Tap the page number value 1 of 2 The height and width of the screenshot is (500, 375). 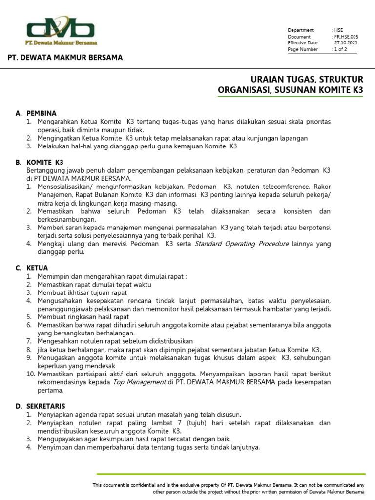pyautogui.click(x=341, y=49)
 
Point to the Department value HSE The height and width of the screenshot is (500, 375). pyautogui.click(x=339, y=30)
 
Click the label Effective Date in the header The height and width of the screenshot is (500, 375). pyautogui.click(x=303, y=43)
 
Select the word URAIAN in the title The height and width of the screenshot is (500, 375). pyautogui.click(x=267, y=80)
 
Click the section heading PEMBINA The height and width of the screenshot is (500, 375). pyautogui.click(x=42, y=113)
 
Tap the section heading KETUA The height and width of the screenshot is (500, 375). pyautogui.click(x=38, y=268)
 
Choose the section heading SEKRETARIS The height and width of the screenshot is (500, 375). pyautogui.click(x=46, y=406)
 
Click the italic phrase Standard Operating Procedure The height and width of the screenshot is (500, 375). pyautogui.click(x=242, y=244)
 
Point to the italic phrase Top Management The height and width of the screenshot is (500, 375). pyautogui.click(x=139, y=382)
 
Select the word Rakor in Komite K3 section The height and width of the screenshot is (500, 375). pyautogui.click(x=322, y=187)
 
